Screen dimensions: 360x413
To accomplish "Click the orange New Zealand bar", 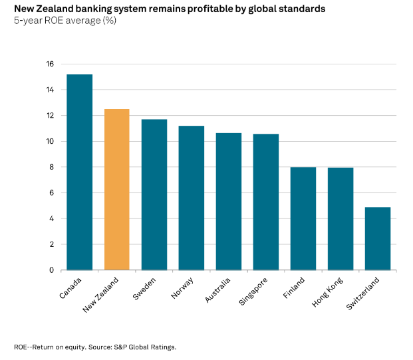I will click(x=116, y=189).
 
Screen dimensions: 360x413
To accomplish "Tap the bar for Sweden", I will click(x=154, y=194).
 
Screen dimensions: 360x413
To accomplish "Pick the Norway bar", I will click(x=191, y=198).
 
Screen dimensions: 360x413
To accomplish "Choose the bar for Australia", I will click(x=228, y=201).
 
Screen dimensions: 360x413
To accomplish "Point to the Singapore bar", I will click(x=265, y=202).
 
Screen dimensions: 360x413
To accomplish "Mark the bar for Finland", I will click(x=303, y=218).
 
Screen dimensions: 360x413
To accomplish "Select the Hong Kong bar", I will click(x=340, y=218).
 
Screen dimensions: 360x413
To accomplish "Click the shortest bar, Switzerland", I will click(x=377, y=238).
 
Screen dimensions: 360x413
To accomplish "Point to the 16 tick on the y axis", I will click(x=49, y=64).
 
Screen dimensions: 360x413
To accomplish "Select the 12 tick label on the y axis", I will click(x=49, y=116).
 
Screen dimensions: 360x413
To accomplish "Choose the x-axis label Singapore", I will click(x=253, y=293).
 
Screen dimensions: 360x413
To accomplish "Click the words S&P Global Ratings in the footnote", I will click(x=146, y=347).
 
